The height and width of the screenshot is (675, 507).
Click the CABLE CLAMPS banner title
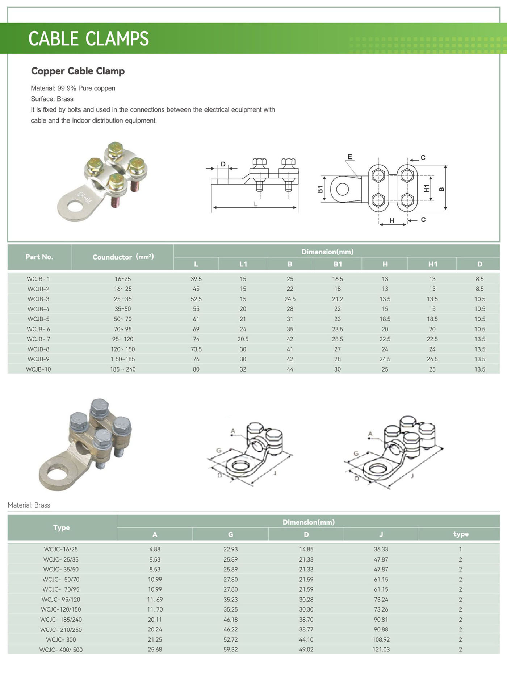coord(88,38)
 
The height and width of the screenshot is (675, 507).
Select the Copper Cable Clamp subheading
coord(78,71)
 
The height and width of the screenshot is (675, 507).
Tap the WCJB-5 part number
coord(38,319)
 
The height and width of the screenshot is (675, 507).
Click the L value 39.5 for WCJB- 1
coord(196,279)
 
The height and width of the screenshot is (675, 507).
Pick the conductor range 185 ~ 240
coord(123,369)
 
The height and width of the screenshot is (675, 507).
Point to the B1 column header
coord(338,264)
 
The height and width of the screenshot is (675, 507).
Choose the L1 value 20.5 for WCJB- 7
coord(243,339)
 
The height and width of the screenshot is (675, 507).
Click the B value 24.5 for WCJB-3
coord(290,299)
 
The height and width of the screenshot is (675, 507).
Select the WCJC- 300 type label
coord(61,639)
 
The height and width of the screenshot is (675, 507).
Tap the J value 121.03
coord(381,649)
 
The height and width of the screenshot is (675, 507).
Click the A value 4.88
coord(155,549)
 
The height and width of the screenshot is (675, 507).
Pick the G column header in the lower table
coord(230,534)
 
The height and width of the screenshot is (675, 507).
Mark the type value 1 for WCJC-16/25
coord(460,549)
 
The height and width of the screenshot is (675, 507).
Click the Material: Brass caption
coord(29,505)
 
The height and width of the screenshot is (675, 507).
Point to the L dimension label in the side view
coord(256,204)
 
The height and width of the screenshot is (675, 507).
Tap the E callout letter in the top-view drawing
coord(350,157)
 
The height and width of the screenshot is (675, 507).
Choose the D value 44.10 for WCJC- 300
coord(306,639)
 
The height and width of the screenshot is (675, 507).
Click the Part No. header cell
coord(39,257)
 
